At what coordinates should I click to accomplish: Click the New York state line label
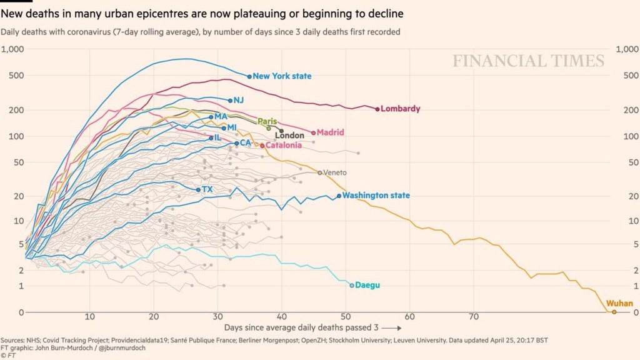pyautogui.click(x=282, y=76)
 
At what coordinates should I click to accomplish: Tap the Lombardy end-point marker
pyautogui.click(x=377, y=109)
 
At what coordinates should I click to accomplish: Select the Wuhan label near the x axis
pyautogui.click(x=619, y=303)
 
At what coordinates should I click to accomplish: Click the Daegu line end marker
pyautogui.click(x=352, y=285)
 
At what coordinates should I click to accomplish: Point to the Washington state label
pyautogui.click(x=376, y=196)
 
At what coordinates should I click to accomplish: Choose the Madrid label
pyautogui.click(x=331, y=132)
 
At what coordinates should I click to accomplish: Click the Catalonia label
pyautogui.click(x=284, y=145)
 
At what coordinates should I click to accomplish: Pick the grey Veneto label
pyautogui.click(x=334, y=172)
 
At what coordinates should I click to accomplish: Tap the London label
pyautogui.click(x=289, y=136)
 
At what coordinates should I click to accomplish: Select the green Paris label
pyautogui.click(x=267, y=121)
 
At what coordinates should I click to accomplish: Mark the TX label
pyautogui.click(x=207, y=189)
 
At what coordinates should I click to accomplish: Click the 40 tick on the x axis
pyautogui.click(x=282, y=316)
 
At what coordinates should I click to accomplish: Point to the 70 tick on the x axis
pyautogui.click(x=474, y=316)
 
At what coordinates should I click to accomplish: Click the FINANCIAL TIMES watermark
pyautogui.click(x=528, y=61)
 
